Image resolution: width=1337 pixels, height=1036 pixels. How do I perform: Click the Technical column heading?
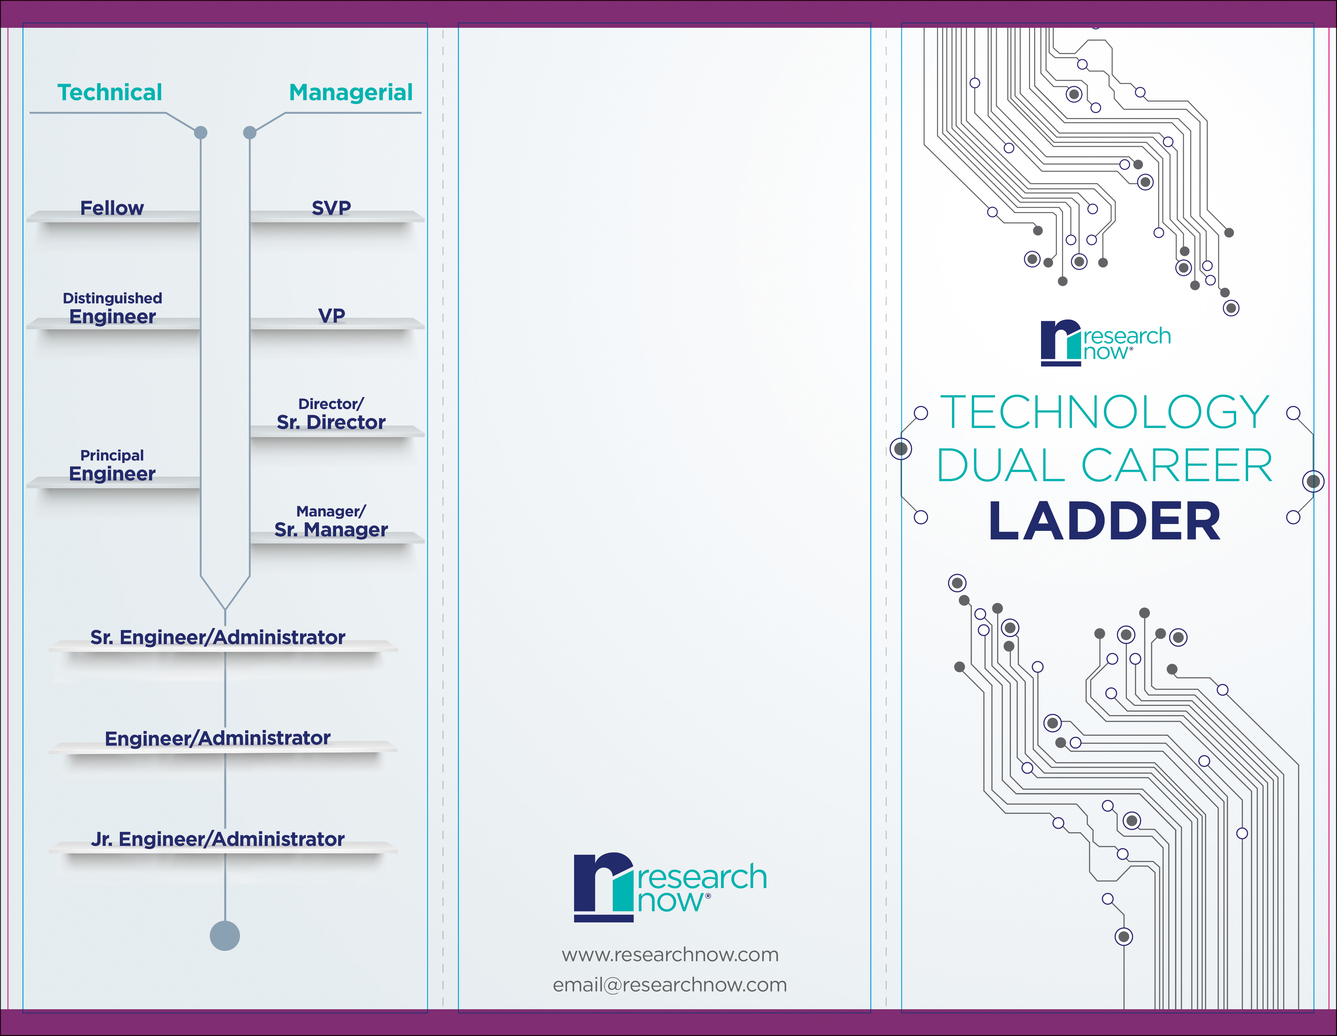pos(110,92)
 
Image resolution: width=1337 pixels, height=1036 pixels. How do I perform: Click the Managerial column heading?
pos(351,92)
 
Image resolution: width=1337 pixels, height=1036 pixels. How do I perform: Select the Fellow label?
pos(112,208)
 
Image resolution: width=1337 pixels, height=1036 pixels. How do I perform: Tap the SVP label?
pos(331,208)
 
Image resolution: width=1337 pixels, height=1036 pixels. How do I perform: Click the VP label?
pos(332,316)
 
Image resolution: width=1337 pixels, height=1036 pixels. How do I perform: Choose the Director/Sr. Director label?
pos(331,414)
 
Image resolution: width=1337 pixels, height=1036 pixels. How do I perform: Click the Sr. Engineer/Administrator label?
pos(217,637)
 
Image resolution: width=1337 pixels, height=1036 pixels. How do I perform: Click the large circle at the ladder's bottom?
pos(225,935)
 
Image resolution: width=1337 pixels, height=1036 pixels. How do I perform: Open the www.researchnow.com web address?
pos(670,955)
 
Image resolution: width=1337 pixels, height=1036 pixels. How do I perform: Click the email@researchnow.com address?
pos(670,985)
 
